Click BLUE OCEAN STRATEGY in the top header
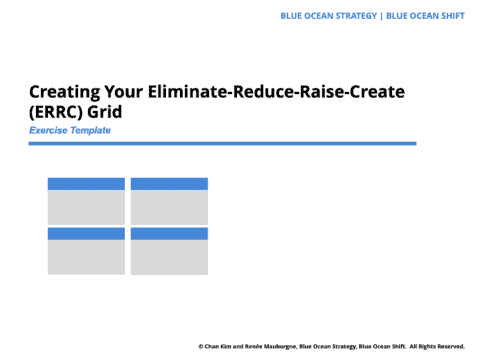pos(331,16)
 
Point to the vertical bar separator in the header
pos(381,16)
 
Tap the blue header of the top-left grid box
pos(86,184)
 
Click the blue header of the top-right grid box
pos(169,184)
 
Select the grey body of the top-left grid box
pos(86,207)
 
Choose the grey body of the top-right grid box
pos(169,207)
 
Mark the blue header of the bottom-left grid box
pos(86,234)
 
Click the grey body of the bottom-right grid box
pos(169,257)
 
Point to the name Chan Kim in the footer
pos(222,347)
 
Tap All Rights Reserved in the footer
pos(437,347)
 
